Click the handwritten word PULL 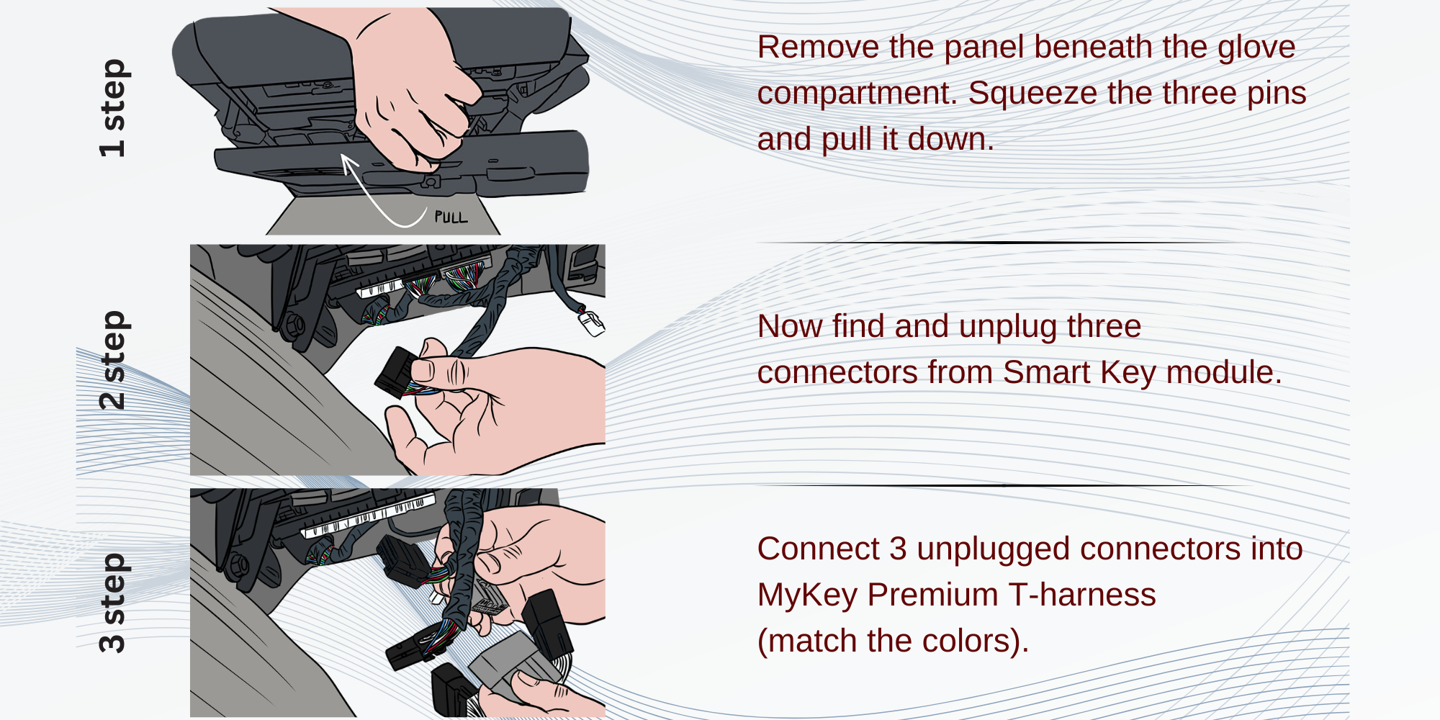[451, 217]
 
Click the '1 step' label [113, 108]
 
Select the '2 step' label [113, 360]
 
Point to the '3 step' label [113, 603]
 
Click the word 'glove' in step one [1256, 48]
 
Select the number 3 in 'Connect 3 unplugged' [897, 549]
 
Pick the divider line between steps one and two [1001, 243]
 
